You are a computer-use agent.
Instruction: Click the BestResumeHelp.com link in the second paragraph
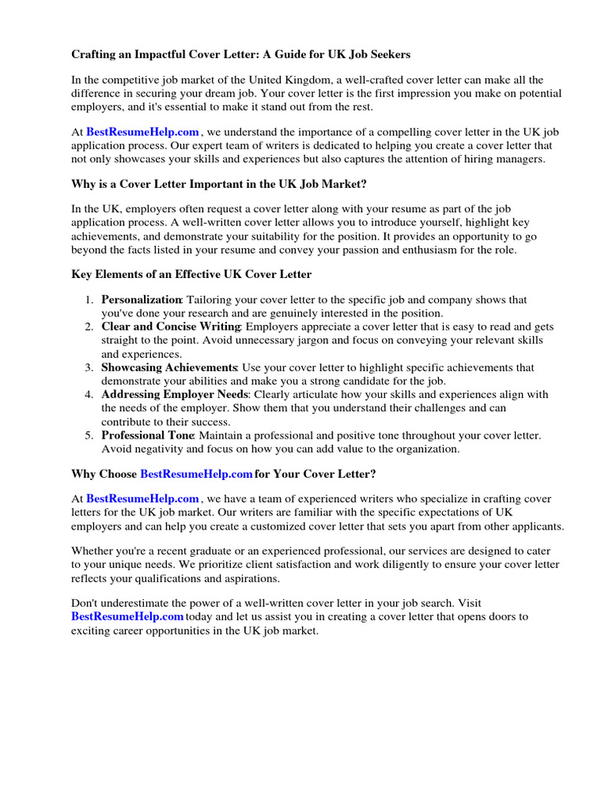[142, 133]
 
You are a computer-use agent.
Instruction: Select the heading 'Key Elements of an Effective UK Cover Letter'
[192, 274]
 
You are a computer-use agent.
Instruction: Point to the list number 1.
[90, 300]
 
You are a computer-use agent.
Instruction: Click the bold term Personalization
[142, 300]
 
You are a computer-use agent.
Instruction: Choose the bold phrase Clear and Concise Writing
[171, 327]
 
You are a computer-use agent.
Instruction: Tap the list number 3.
[90, 367]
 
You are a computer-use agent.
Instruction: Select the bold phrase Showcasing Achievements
[169, 367]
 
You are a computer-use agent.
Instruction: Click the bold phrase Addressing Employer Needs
[175, 394]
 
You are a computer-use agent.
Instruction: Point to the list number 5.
[90, 435]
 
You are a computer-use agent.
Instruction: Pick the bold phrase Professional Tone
[148, 435]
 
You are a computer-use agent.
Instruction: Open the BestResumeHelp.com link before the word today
[128, 616]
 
